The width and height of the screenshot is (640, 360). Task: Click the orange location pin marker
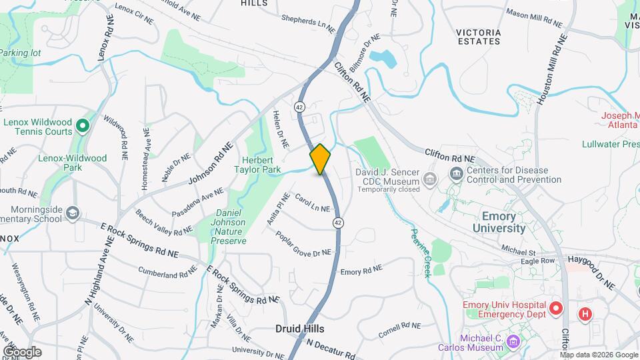tap(320, 159)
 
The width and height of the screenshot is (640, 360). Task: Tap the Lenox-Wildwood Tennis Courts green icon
tap(82, 125)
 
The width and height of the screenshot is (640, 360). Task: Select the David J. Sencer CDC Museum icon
tap(430, 179)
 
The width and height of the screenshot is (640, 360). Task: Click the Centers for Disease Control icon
tap(457, 175)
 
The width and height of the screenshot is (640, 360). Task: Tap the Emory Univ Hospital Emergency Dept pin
tap(555, 309)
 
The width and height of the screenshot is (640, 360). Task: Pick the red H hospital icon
tap(585, 313)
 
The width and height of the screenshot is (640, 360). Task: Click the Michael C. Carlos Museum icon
tap(513, 343)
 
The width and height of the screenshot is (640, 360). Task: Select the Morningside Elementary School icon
tap(73, 213)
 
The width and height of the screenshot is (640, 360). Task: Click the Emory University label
tap(499, 222)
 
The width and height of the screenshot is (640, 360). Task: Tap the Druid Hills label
tap(300, 329)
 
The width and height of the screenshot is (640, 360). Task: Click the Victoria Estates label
tap(478, 36)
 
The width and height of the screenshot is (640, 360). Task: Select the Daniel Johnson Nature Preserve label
tap(230, 227)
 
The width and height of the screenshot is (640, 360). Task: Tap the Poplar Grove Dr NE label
tap(303, 244)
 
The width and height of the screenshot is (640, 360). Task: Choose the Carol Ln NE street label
tap(313, 203)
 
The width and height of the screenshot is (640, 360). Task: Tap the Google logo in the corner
tap(22, 351)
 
